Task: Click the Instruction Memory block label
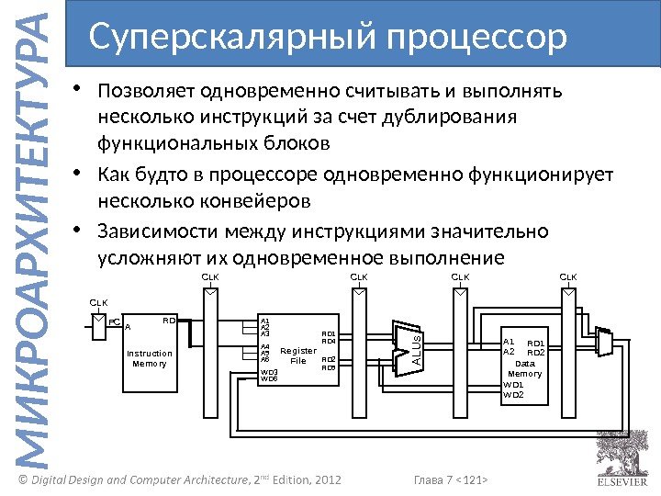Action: click(149, 358)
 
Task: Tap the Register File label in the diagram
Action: click(297, 355)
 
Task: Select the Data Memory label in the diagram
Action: click(525, 368)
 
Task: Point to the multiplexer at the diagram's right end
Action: click(603, 342)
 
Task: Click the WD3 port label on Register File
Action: click(269, 371)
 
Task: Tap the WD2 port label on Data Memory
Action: click(513, 395)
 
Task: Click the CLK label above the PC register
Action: click(98, 301)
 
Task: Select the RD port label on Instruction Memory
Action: click(169, 321)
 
